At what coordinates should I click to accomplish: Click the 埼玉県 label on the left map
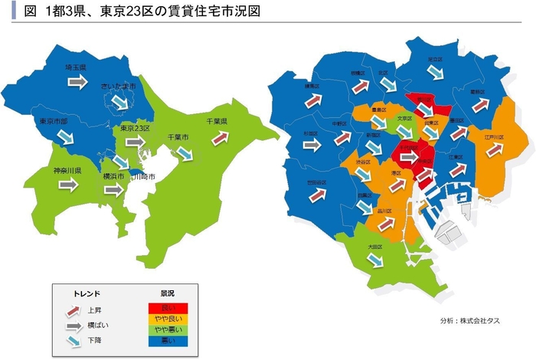point(75,68)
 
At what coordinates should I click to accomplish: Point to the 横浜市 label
point(114,176)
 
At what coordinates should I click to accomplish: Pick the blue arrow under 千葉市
point(185,152)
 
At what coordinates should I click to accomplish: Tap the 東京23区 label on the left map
point(135,129)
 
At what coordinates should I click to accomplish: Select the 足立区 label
point(434,59)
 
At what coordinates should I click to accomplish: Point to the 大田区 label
point(374,247)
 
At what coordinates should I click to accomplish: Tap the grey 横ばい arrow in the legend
point(73,325)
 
